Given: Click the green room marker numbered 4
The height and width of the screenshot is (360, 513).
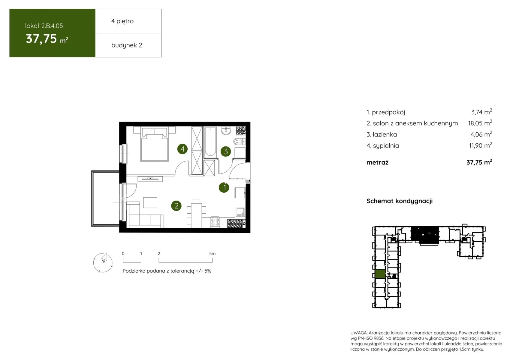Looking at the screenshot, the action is [x=182, y=149].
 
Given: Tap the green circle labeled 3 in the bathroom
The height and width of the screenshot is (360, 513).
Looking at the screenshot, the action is [x=226, y=151].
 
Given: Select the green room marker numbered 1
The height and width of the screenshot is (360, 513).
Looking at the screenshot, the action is [x=224, y=187].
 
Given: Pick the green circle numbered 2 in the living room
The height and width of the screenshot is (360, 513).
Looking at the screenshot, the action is [x=176, y=206].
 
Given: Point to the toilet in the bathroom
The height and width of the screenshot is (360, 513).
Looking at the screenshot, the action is [x=239, y=141].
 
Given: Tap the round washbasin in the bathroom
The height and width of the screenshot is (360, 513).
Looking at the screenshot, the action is [x=226, y=131].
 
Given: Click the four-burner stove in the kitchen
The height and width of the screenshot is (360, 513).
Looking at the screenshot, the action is [x=215, y=222].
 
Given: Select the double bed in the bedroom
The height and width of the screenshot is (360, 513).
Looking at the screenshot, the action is [x=155, y=147].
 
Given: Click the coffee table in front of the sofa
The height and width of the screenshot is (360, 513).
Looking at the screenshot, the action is [x=150, y=202].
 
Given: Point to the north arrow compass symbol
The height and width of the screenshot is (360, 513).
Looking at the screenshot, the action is [x=103, y=262].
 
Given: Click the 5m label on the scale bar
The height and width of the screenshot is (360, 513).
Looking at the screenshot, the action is [x=212, y=253].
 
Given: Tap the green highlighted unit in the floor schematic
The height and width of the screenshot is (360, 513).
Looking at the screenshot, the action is [x=380, y=274].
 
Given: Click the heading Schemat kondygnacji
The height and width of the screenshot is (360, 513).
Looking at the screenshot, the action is [x=400, y=201].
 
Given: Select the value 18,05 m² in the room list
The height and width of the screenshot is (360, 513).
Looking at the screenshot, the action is [x=480, y=123].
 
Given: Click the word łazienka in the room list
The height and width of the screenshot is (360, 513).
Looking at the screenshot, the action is [x=385, y=134].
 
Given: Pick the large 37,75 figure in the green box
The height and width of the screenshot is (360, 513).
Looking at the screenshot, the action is [x=41, y=38].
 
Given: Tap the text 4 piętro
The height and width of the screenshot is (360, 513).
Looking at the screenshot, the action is [x=122, y=21].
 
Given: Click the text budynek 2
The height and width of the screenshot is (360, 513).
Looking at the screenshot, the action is [x=127, y=45].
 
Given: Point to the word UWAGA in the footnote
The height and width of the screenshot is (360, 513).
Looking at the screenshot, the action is [x=359, y=333].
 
